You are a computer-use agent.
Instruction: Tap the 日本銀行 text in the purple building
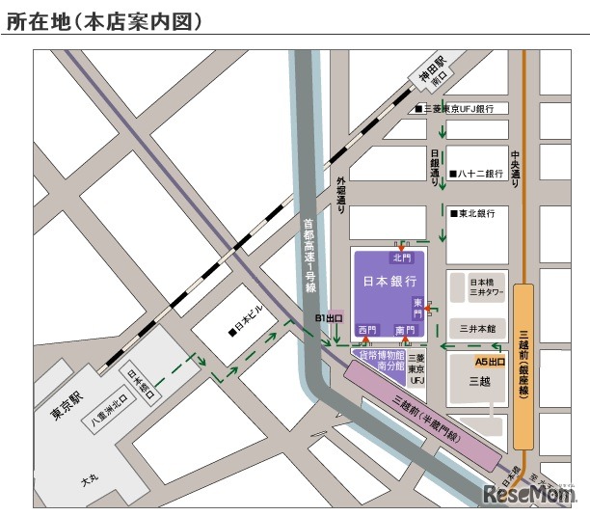click(389, 282)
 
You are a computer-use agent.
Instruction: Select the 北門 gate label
click(401, 258)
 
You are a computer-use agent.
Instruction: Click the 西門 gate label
click(367, 330)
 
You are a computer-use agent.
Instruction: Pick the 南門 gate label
click(406, 330)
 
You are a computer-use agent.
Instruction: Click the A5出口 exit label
click(490, 362)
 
